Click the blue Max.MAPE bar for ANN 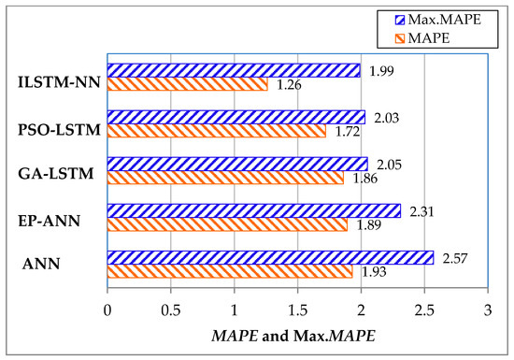point(270,257)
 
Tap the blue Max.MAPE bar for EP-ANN point(253,210)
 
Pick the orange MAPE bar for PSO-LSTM point(216,132)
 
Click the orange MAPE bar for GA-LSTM point(225,178)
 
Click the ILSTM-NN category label point(57,79)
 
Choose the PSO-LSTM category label point(56,125)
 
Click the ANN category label point(41,264)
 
